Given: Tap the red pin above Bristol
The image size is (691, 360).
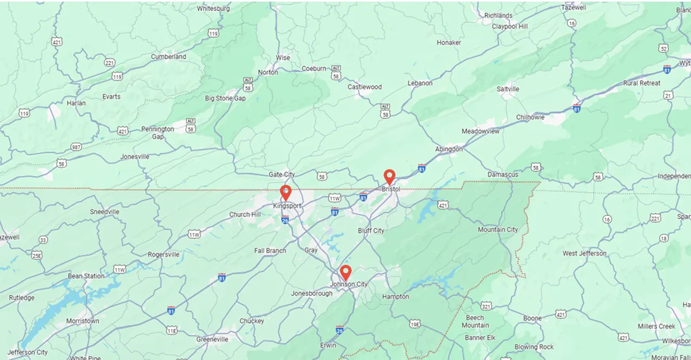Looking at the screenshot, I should [389, 177].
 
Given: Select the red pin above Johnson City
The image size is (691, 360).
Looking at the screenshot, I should [346, 272].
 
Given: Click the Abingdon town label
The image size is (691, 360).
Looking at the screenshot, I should [449, 149].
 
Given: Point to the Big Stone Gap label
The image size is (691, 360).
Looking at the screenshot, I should [225, 98].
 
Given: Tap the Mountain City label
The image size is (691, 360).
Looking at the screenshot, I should [498, 230].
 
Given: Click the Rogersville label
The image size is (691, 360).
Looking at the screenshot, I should [164, 255].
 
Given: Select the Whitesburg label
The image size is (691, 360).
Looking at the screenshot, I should [213, 9].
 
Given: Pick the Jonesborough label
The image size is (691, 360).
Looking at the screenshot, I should [312, 294].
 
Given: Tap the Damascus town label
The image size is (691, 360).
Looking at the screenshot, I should [502, 175].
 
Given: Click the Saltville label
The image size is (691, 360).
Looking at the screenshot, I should [508, 89].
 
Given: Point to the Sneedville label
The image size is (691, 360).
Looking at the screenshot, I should [104, 212].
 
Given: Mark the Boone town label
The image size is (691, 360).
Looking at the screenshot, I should [532, 318].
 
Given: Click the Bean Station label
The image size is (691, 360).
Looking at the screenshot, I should [86, 276].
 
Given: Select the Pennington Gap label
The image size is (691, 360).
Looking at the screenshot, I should [158, 133].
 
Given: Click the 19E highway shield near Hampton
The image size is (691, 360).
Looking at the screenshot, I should [414, 324].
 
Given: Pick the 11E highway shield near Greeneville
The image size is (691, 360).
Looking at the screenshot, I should [172, 330].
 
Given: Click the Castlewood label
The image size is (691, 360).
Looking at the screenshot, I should [364, 87].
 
